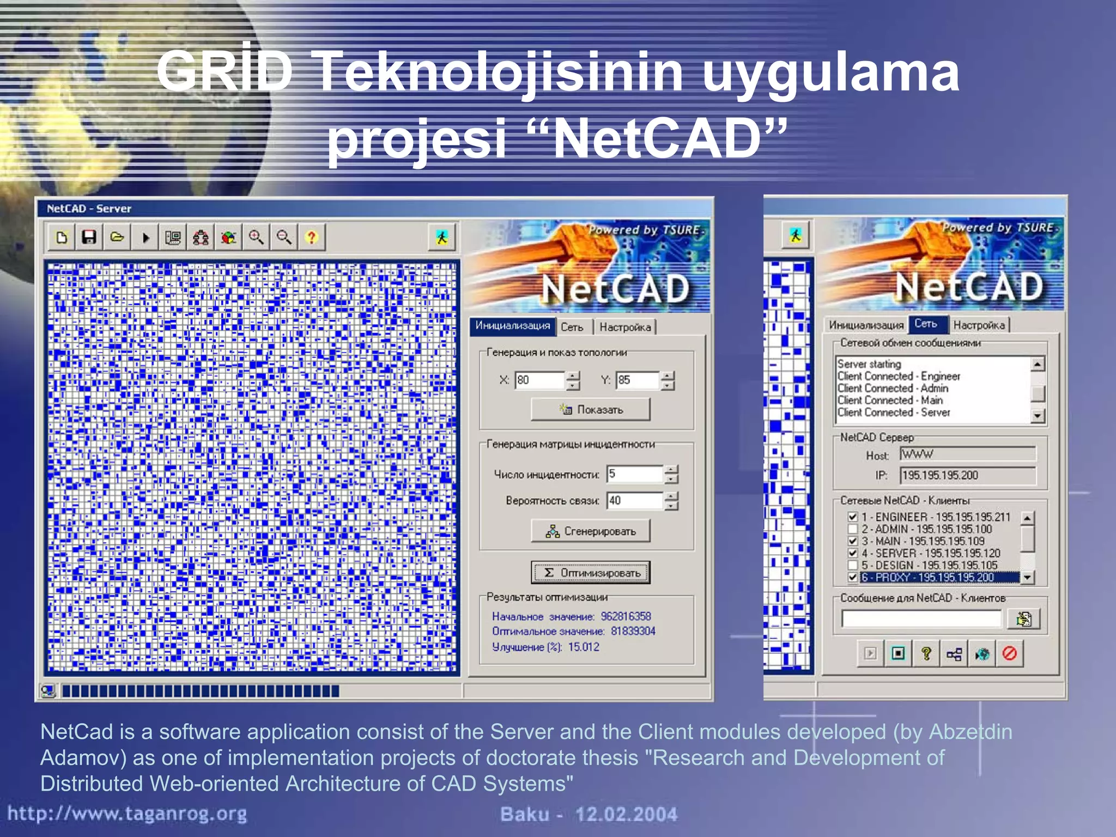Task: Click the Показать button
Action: click(591, 409)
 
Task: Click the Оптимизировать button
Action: click(591, 573)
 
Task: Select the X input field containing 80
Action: click(539, 380)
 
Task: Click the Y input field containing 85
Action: click(638, 380)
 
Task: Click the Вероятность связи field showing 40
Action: click(635, 500)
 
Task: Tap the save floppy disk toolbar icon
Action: click(89, 237)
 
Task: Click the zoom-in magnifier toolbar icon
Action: click(256, 237)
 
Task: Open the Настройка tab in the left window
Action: click(625, 327)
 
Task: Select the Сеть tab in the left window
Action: click(572, 327)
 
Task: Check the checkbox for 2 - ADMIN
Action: click(853, 529)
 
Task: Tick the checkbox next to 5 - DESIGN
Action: click(853, 565)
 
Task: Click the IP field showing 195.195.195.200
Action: click(967, 475)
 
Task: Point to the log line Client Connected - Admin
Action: click(893, 388)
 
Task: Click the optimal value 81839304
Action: click(633, 631)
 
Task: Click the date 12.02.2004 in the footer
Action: click(626, 814)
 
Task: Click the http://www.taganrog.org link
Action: click(127, 814)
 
